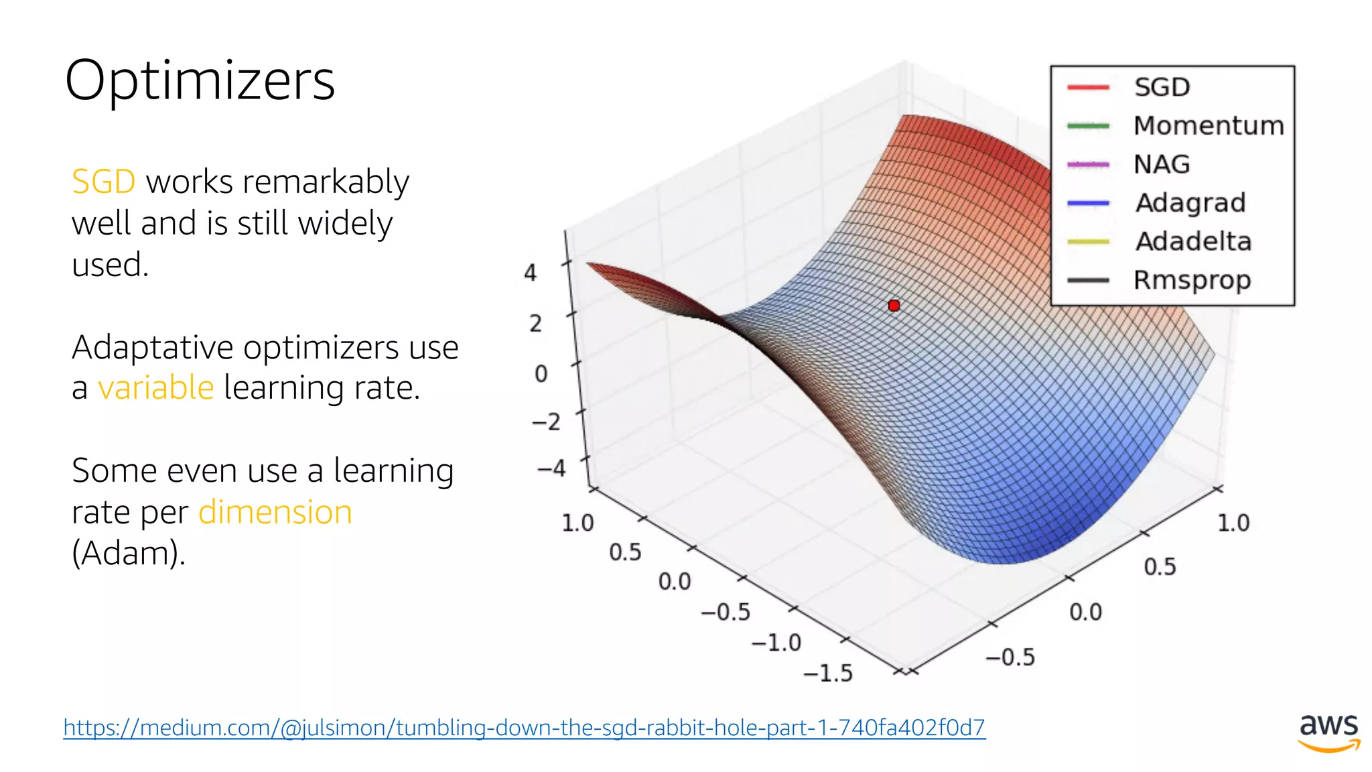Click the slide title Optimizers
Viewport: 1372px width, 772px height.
(200, 80)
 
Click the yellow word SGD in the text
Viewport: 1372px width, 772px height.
(103, 182)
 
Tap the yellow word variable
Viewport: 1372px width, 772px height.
(155, 387)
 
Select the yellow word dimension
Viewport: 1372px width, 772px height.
(275, 512)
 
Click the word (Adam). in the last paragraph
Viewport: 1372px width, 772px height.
(128, 553)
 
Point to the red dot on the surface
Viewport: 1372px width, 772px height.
(894, 306)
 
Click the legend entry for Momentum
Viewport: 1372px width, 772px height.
(1208, 125)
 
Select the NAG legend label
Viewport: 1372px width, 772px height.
(1162, 164)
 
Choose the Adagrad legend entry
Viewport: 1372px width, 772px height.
(1190, 202)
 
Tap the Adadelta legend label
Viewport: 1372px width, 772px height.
(1193, 241)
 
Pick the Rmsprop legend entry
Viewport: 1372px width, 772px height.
(1192, 280)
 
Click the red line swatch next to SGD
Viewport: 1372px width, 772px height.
(1088, 87)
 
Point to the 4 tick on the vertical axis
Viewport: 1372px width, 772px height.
(530, 273)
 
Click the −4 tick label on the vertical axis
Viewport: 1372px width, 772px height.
(551, 468)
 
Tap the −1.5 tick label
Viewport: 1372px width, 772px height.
(828, 673)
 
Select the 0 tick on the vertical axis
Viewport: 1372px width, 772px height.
(541, 373)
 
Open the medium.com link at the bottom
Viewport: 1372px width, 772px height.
(524, 727)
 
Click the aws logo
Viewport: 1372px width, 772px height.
(1329, 732)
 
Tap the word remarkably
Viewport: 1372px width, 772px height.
(326, 182)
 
